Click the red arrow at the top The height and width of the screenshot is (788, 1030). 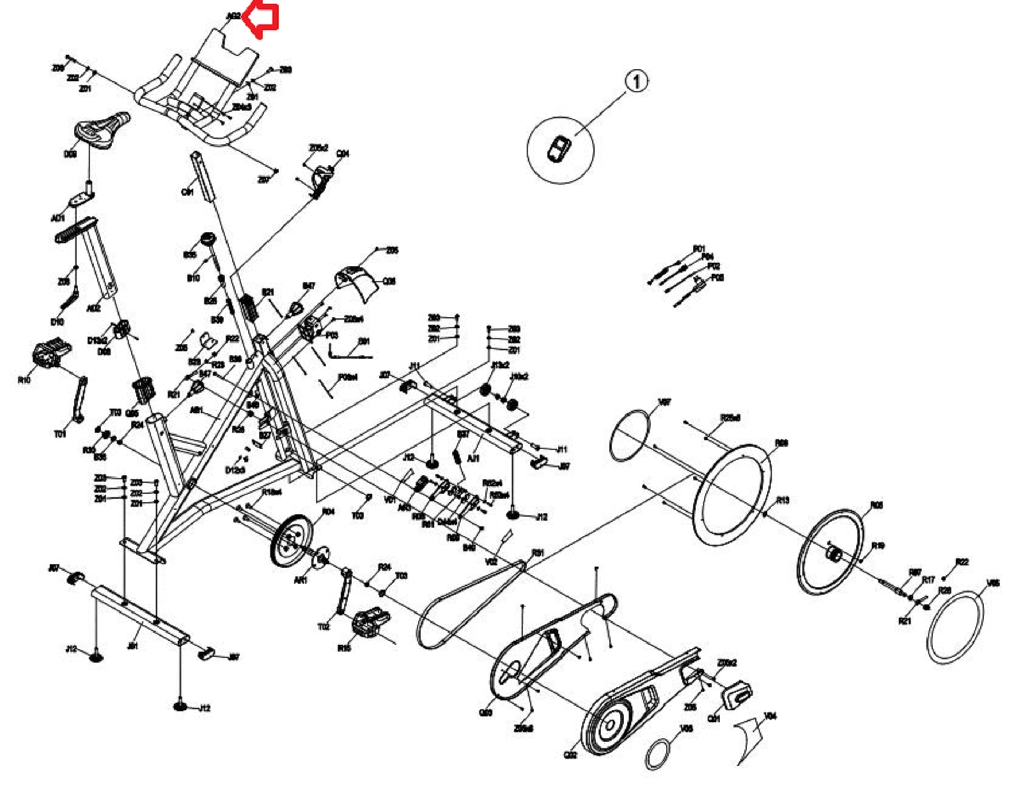coord(263,20)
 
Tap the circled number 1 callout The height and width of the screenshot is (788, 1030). coord(636,82)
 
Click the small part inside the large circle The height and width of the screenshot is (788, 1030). coord(559,149)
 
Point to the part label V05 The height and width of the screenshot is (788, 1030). coord(993,583)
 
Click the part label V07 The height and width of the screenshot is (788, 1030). coord(664,402)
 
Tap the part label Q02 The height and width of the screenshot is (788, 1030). coord(571,755)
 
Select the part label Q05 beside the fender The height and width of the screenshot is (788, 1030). coord(389,282)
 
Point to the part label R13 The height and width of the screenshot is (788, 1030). coord(782,500)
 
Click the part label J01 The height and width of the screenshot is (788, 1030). coord(132,646)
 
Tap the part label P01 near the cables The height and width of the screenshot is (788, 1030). coord(698,248)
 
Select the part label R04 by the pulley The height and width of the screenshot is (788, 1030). coord(328,512)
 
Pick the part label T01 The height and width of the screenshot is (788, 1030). coord(60,434)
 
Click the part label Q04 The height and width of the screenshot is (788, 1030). coord(343,153)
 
